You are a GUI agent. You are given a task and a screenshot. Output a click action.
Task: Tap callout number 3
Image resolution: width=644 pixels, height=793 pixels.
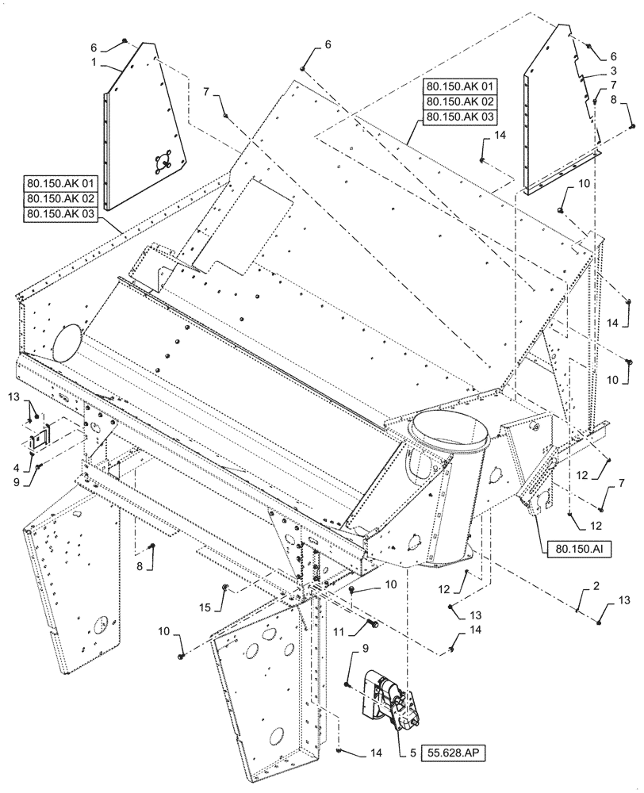coord(612,70)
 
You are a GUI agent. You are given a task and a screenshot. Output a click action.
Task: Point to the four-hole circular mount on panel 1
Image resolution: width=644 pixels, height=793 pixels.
coord(163,161)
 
